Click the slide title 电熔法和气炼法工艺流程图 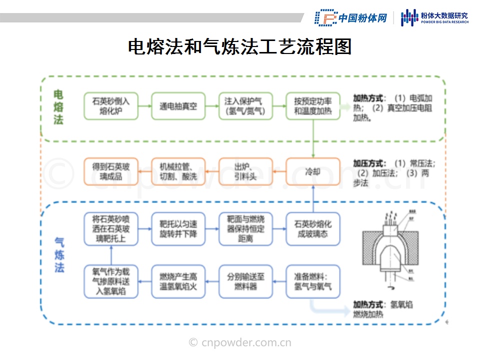[x=240, y=47]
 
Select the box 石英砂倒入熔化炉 [x=111, y=105]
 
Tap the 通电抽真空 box [x=178, y=105]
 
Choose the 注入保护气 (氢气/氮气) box [x=245, y=105]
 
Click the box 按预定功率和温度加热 [x=313, y=105]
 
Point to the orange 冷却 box [x=313, y=171]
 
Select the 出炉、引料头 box [x=245, y=171]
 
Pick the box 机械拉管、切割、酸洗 [x=178, y=171]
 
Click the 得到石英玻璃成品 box [x=111, y=171]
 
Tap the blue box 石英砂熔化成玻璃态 [x=313, y=229]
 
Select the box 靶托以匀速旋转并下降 [x=178, y=229]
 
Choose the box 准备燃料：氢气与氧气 [x=313, y=281]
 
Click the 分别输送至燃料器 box [x=245, y=281]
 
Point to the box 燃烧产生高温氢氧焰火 [x=178, y=281]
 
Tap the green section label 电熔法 [x=58, y=107]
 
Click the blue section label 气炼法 [x=59, y=255]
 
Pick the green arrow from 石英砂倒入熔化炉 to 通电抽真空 [x=144, y=105]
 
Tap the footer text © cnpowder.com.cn [x=240, y=342]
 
